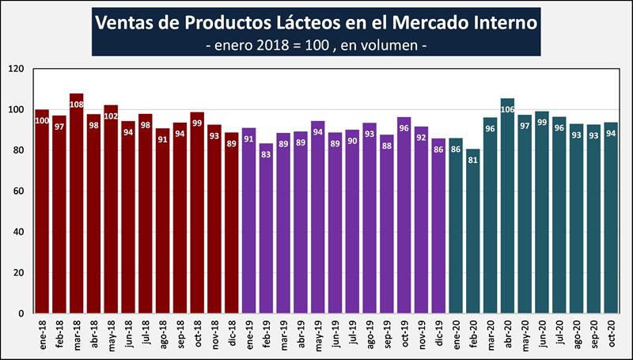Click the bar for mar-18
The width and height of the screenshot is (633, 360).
click(77, 206)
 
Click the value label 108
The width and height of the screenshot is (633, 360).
click(77, 104)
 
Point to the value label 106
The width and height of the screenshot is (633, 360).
click(508, 108)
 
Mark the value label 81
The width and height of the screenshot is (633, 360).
click(473, 159)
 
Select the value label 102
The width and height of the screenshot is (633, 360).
click(112, 116)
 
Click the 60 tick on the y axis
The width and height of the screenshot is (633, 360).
click(20, 191)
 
